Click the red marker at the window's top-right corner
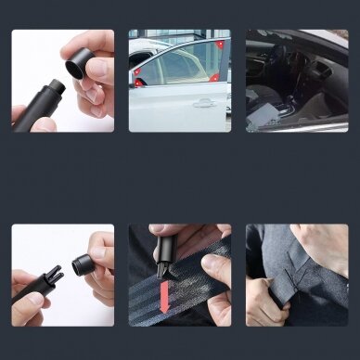[x=220, y=44]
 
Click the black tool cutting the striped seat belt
[x=167, y=255]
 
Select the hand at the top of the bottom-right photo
[x=320, y=243]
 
